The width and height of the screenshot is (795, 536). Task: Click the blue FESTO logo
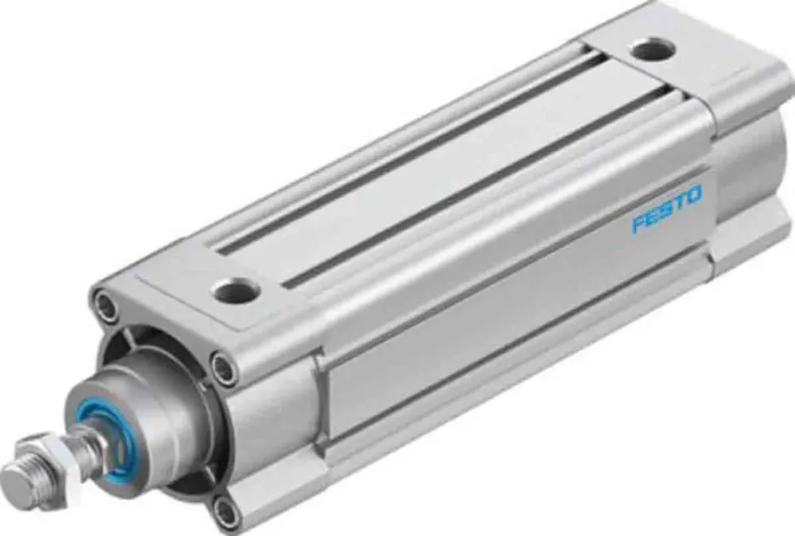[x=666, y=208]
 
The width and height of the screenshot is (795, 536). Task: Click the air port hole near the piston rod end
[x=236, y=291]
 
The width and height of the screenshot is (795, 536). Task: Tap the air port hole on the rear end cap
[x=653, y=50]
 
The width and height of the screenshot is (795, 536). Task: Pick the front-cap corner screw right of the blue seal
[x=223, y=367]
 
